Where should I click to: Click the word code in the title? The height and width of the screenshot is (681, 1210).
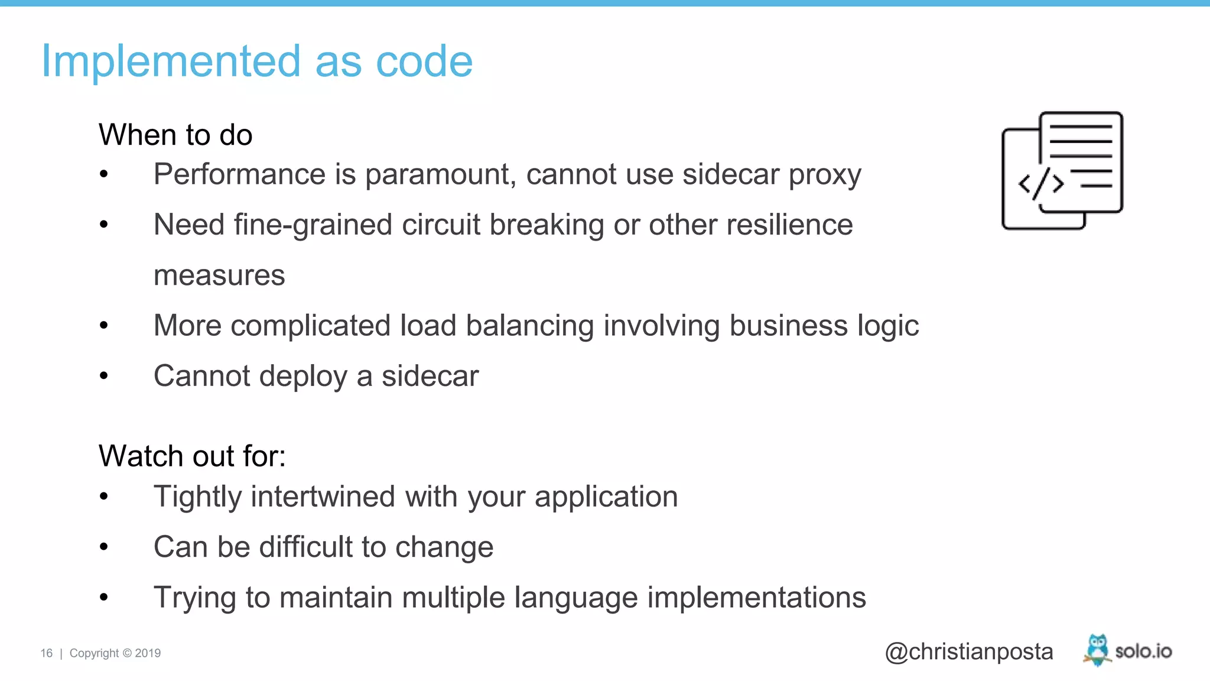424,61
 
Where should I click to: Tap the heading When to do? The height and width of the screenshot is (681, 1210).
175,135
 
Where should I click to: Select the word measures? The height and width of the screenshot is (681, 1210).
219,275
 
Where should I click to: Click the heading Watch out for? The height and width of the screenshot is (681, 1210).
192,456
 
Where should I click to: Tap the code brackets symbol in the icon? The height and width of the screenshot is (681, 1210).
1041,184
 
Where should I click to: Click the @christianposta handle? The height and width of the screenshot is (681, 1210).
968,651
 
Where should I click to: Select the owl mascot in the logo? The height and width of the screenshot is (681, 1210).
1097,649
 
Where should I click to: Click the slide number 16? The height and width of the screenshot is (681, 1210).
46,653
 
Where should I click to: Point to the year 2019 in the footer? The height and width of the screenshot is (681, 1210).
148,653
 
